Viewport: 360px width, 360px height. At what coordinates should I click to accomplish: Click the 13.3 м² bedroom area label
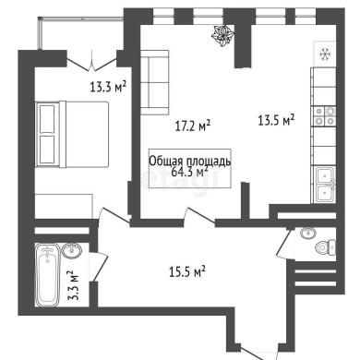(x=108, y=86)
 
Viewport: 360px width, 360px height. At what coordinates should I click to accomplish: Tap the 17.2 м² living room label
(x=193, y=126)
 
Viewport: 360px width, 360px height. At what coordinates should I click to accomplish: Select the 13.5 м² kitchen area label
(x=276, y=120)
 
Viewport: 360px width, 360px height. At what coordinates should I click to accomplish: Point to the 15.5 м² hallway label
(x=187, y=271)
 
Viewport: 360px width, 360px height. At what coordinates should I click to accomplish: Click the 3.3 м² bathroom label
(x=73, y=285)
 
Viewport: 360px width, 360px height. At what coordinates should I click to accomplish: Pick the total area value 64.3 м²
(x=189, y=172)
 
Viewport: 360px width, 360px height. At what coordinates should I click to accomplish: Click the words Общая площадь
(x=190, y=162)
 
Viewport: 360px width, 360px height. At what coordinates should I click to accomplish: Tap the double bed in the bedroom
(x=72, y=134)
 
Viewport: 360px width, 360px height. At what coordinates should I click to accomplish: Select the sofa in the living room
(x=155, y=82)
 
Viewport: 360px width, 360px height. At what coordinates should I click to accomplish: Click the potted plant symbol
(x=222, y=36)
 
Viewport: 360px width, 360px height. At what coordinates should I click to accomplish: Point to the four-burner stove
(x=324, y=116)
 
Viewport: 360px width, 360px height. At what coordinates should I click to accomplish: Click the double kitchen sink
(x=325, y=185)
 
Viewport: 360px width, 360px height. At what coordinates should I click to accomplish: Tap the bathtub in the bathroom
(x=47, y=275)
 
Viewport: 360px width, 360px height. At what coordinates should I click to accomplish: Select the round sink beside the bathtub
(x=72, y=250)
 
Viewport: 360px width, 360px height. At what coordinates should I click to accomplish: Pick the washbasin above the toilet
(x=308, y=234)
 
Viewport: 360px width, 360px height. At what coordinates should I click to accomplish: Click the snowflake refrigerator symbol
(x=325, y=54)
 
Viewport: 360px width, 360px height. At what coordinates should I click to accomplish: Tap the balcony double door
(x=91, y=62)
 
